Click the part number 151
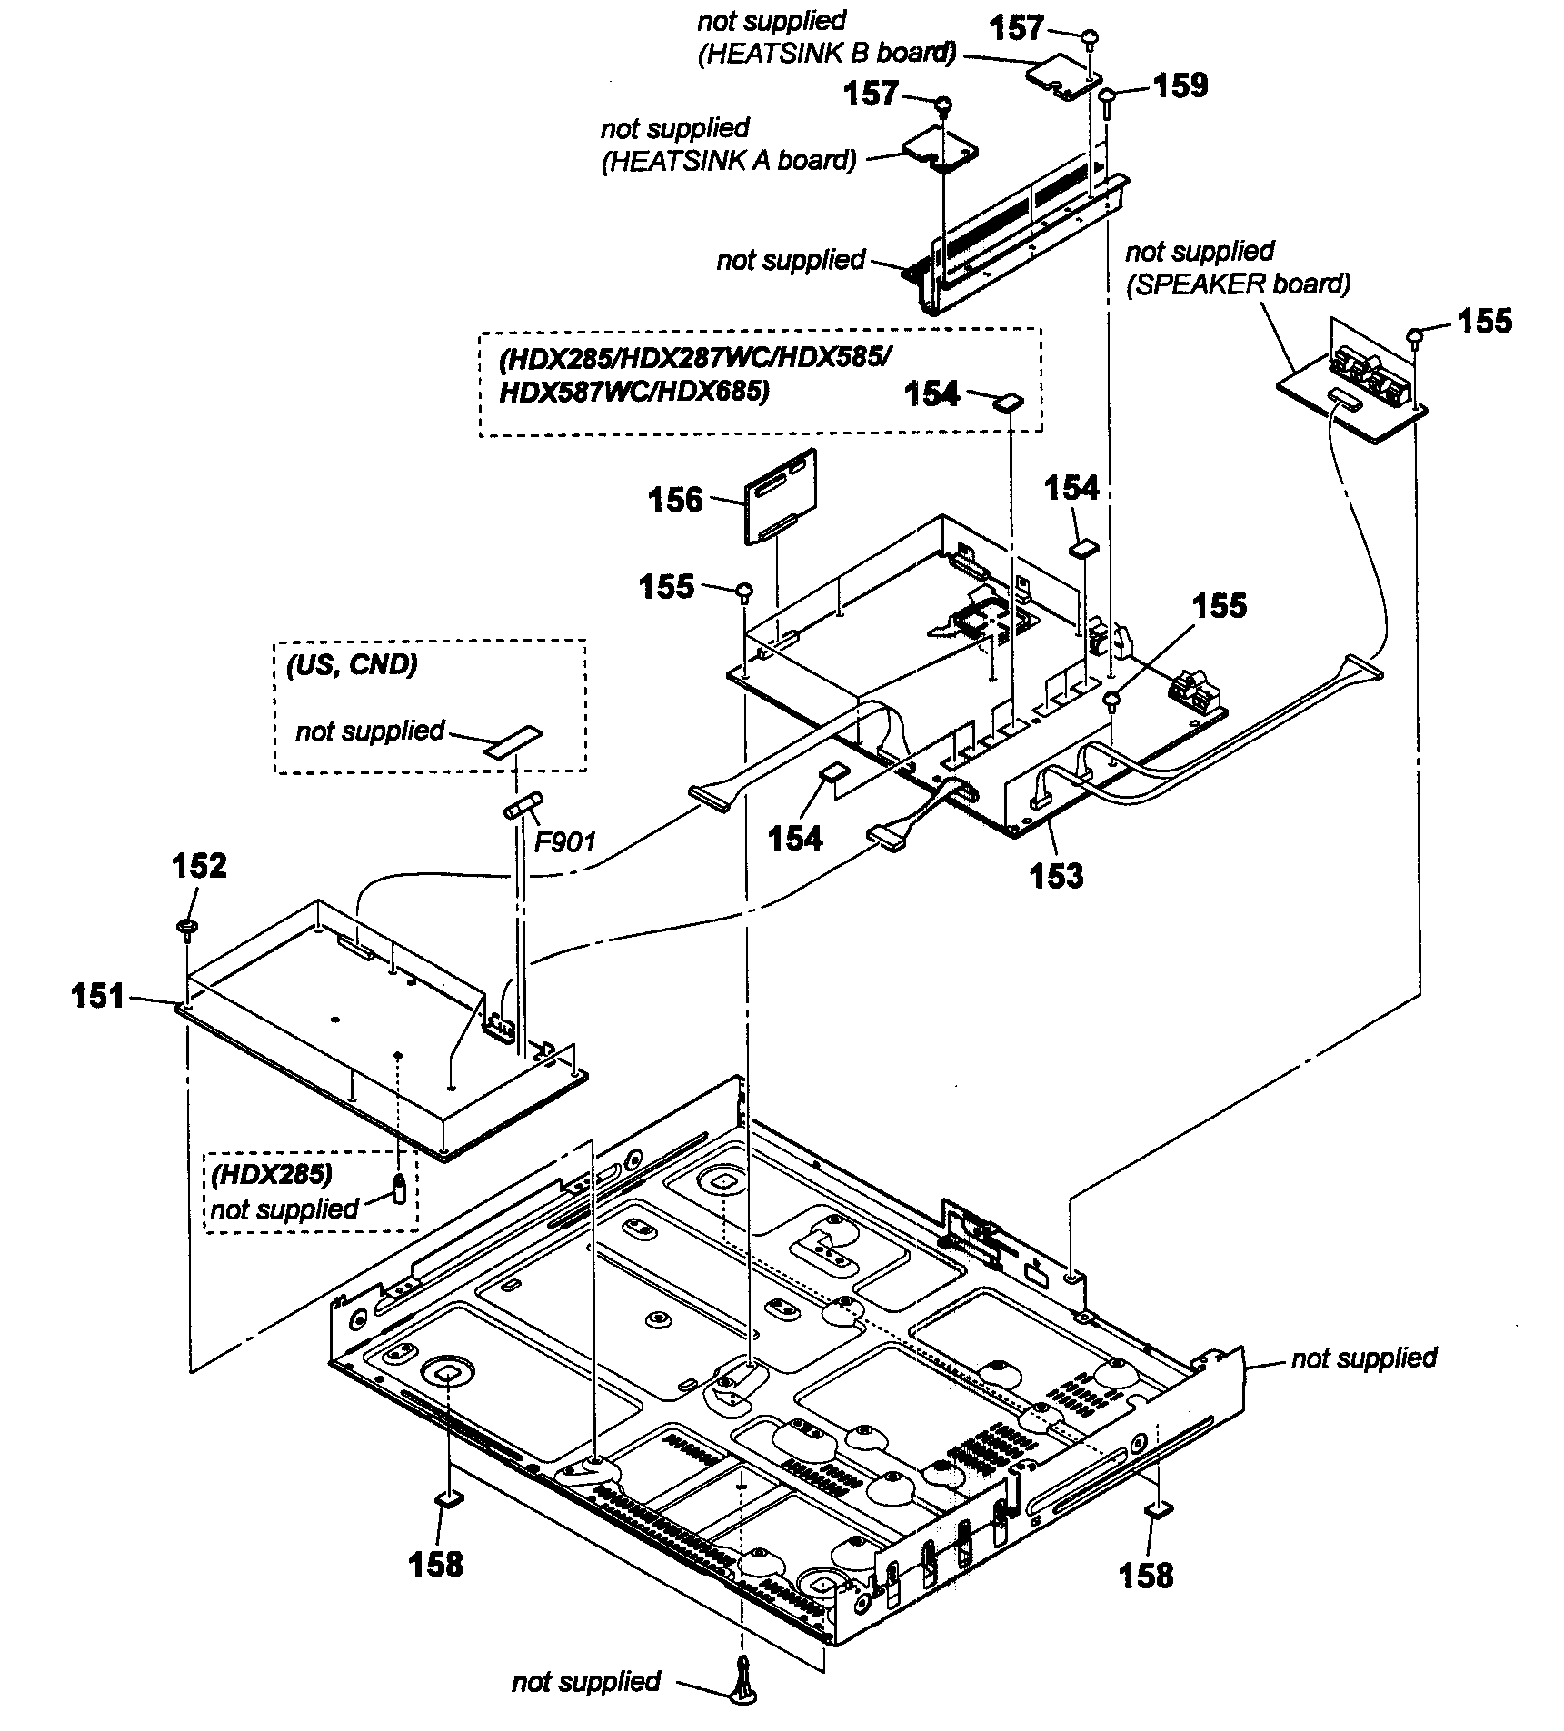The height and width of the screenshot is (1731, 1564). tap(97, 997)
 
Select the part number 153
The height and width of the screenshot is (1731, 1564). tap(1056, 875)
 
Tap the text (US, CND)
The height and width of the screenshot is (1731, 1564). tap(352, 665)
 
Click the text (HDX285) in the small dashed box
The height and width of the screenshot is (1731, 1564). tap(271, 1174)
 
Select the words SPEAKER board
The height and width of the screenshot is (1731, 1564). tap(1238, 284)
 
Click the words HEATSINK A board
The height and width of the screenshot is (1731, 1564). tap(728, 161)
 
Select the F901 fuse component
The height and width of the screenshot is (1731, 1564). tap(523, 805)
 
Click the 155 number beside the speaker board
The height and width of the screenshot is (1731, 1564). tap(1484, 321)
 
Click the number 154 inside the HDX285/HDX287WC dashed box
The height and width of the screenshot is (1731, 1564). tap(931, 393)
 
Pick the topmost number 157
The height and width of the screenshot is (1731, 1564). tap(1016, 28)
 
